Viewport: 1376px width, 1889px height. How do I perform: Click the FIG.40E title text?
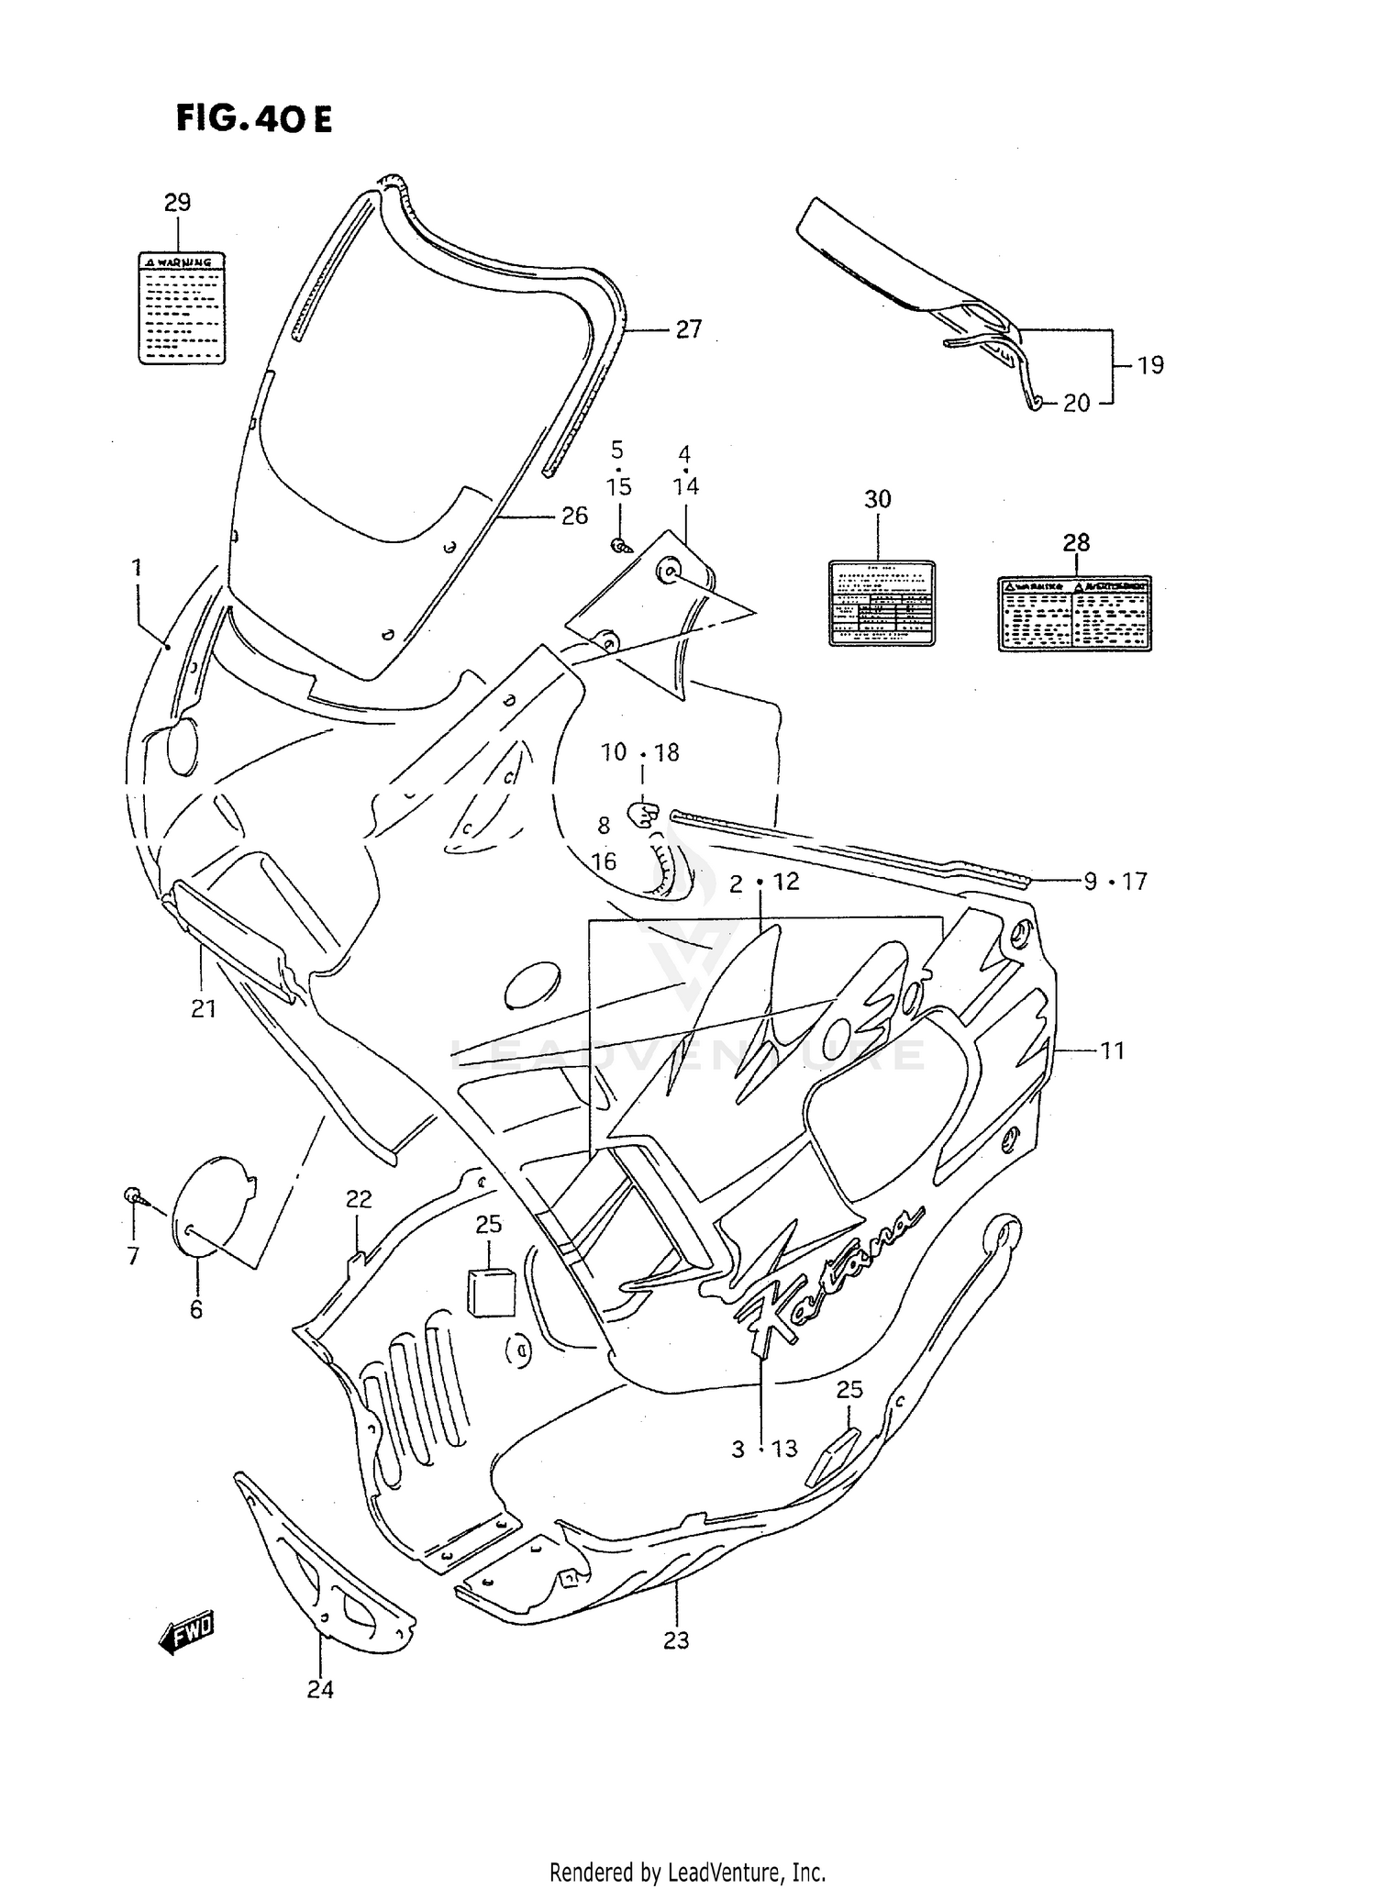254,119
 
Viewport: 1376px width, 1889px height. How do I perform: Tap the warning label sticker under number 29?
182,307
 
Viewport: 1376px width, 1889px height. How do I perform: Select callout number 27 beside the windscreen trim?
688,329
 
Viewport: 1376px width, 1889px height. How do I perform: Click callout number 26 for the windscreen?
574,517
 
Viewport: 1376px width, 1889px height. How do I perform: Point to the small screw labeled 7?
132,1195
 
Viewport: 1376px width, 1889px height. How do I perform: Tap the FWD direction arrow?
186,1632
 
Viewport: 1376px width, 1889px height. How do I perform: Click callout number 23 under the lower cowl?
676,1639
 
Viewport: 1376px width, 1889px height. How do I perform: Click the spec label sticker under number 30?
881,604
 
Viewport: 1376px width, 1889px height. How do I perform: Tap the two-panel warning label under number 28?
1074,614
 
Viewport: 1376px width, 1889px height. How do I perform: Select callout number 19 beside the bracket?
1150,365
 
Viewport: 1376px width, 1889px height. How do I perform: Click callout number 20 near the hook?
1076,403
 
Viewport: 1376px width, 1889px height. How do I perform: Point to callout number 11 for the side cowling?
1112,1050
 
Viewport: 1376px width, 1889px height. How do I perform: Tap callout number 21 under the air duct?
204,1009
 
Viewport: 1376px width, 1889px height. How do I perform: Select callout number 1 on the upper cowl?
137,568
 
